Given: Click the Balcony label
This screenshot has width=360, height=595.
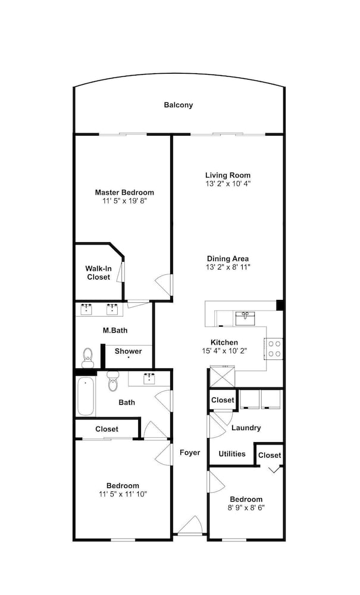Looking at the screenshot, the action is coord(179,105).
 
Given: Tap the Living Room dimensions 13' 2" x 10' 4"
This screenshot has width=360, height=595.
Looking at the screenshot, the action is coord(228,183).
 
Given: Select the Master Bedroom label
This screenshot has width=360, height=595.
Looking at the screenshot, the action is coord(124,192).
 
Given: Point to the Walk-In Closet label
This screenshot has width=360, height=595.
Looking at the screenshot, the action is coord(99,273).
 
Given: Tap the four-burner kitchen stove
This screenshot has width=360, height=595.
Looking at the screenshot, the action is coord(274,349).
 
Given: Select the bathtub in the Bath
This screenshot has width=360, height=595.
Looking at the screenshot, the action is coord(85,396).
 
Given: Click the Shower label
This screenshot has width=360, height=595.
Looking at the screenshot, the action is coord(128,352).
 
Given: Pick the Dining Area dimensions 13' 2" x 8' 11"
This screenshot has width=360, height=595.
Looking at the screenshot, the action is coord(228,267).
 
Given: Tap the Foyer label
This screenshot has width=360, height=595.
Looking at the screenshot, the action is coord(190,453).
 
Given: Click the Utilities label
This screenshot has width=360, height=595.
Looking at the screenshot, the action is coord(232,454).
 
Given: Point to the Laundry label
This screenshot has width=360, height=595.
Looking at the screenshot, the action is coord(246,428).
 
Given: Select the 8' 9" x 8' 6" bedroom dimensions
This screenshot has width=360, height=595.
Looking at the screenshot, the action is coord(246,508).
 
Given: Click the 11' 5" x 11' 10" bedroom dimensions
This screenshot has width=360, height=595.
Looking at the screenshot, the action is coord(123,494).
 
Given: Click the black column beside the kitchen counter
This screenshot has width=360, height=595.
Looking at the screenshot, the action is coord(280,305).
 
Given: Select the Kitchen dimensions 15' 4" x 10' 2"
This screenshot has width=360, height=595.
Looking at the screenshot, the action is coord(224,351).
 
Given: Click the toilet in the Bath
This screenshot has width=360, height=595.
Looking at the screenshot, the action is coord(113,381).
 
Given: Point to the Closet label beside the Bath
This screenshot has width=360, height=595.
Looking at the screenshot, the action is coord(107,429).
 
